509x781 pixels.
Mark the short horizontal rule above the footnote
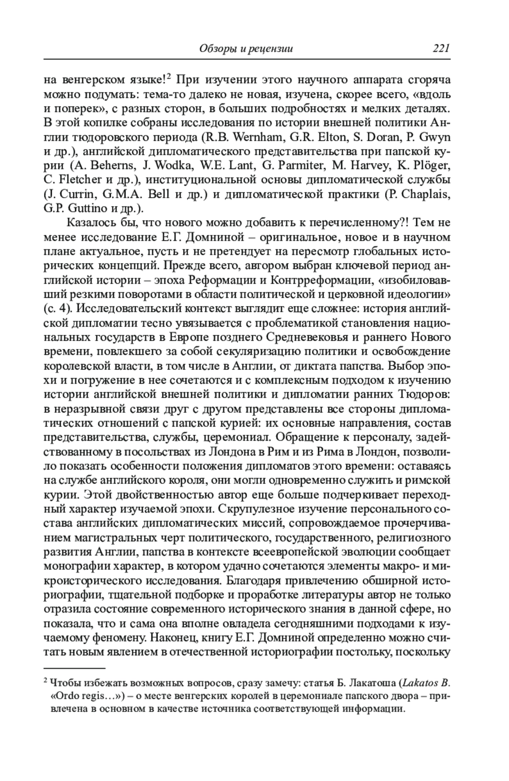coord(74,668)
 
